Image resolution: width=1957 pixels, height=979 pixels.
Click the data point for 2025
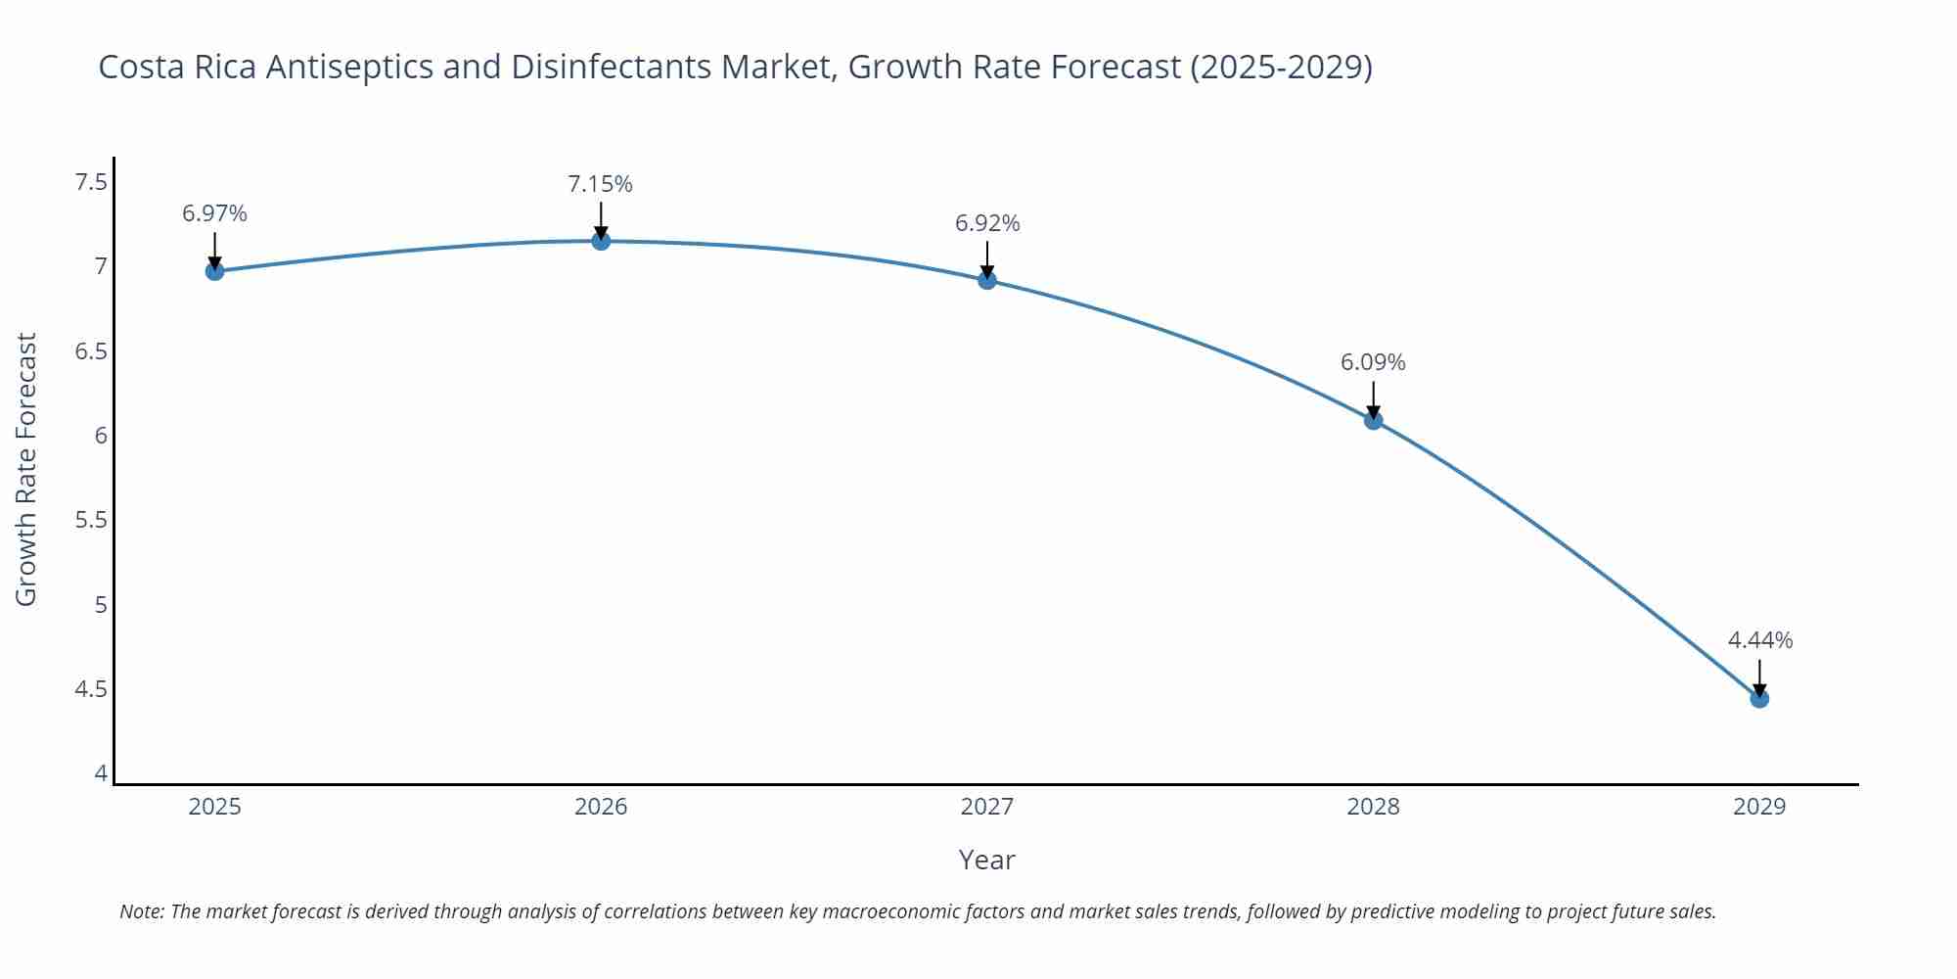click(x=214, y=271)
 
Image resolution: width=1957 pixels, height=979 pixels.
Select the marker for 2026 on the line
click(x=601, y=241)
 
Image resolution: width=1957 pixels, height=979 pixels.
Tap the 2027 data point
click(x=987, y=280)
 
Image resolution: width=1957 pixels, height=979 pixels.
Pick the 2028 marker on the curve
click(x=1373, y=420)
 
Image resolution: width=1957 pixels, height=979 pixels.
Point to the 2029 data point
click(x=1759, y=698)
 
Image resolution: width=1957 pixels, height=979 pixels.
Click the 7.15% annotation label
click(x=600, y=184)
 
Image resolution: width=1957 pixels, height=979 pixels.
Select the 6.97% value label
click(x=214, y=213)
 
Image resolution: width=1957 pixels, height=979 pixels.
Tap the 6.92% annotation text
click(x=987, y=223)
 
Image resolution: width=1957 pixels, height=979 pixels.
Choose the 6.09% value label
click(x=1373, y=362)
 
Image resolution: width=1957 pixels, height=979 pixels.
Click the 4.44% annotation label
click(x=1759, y=640)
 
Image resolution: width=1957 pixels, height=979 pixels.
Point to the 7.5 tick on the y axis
click(x=91, y=182)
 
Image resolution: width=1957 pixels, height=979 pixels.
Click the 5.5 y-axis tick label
click(x=91, y=520)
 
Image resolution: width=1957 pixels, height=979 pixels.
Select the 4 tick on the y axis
click(x=101, y=773)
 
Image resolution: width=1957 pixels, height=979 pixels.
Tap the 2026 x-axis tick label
click(x=601, y=807)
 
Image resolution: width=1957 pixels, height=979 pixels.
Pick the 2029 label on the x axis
click(x=1759, y=807)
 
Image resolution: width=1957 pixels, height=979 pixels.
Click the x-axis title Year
click(x=986, y=860)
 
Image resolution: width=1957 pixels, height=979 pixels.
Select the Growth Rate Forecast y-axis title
click(x=26, y=469)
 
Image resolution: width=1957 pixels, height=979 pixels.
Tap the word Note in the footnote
click(x=141, y=911)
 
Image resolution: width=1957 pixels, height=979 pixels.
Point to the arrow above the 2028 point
click(x=1373, y=398)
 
